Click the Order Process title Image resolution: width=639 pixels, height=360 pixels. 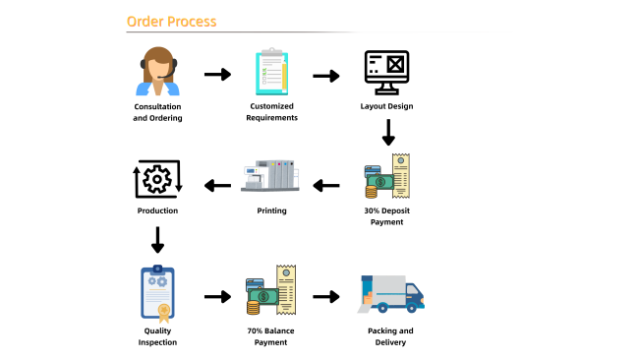[172, 22]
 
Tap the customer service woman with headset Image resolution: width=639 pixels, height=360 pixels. [157, 72]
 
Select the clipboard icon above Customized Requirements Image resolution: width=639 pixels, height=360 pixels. [271, 72]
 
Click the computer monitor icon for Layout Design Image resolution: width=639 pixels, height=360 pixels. [386, 73]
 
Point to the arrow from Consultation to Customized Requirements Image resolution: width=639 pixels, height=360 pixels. [217, 74]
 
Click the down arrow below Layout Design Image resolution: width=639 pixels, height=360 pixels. [388, 133]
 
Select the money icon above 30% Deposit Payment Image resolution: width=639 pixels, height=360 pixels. [387, 176]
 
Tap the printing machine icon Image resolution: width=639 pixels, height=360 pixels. [270, 176]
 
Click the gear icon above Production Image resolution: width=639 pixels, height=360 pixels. [157, 179]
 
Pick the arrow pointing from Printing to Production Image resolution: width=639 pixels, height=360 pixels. [217, 186]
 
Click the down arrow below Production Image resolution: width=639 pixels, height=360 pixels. [157, 240]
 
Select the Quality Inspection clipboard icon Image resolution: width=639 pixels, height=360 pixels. [157, 293]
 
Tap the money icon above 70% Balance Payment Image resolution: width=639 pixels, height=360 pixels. [271, 290]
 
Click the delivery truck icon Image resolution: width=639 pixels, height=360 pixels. [391, 294]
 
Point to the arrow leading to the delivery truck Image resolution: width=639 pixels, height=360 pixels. [326, 296]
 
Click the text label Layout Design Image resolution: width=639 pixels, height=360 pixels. [386, 106]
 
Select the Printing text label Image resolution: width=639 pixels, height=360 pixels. [271, 210]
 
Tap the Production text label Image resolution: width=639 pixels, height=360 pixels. [157, 210]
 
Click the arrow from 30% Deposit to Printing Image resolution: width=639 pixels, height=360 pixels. [326, 186]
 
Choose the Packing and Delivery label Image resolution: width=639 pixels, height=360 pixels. [390, 336]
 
